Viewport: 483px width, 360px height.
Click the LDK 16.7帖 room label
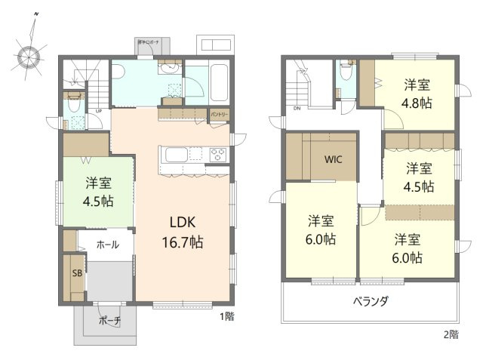tap(182, 232)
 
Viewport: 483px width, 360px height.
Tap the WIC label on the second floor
tap(334, 160)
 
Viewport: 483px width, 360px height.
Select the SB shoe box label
tap(77, 274)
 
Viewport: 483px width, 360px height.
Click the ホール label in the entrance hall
tap(106, 245)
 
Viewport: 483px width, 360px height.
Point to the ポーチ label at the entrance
tap(109, 319)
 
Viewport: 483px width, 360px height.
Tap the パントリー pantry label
tap(220, 113)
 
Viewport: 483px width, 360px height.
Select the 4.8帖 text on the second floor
tap(417, 103)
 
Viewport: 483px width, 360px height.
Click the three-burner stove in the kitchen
tap(217, 155)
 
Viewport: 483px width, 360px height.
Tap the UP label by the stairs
tap(98, 112)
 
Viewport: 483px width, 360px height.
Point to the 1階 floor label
tap(226, 316)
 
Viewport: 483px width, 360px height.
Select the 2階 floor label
tap(450, 334)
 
